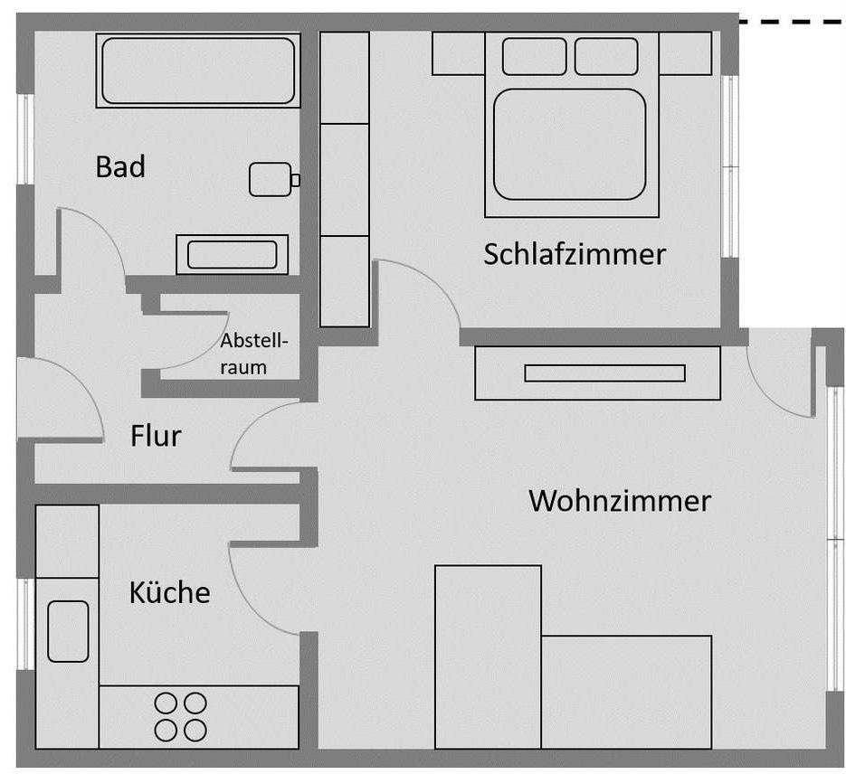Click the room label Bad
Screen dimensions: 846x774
pos(120,167)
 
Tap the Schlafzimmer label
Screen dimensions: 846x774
pos(575,254)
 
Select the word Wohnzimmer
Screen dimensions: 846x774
pos(620,500)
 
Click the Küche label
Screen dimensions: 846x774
pos(169,592)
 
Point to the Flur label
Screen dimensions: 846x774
pos(156,437)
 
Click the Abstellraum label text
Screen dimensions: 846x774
pos(253,354)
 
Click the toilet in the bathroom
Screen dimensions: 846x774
pos(270,179)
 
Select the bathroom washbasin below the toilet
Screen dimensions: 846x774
pos(233,254)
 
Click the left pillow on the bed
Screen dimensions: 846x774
pos(534,56)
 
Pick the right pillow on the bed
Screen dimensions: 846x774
pos(605,56)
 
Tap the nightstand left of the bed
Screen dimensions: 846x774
pos(459,53)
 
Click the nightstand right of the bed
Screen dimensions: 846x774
pos(685,53)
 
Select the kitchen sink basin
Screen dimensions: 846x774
pos(68,630)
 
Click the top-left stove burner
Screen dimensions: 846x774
pos(166,703)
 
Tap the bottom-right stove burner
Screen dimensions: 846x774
pos(195,729)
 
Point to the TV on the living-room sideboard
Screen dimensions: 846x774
pos(604,373)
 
